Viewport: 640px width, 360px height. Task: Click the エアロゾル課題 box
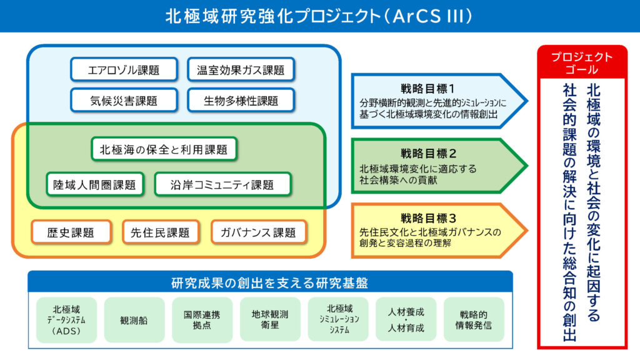(x=124, y=69)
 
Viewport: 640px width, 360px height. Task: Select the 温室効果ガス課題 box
(x=241, y=69)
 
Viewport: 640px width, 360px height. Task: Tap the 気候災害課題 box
(x=124, y=100)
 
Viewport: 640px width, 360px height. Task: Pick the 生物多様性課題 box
(x=241, y=100)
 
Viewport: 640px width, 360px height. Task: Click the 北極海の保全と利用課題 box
(x=164, y=149)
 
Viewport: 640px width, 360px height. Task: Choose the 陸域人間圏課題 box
(x=95, y=184)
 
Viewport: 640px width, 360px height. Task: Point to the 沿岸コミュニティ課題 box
(x=222, y=184)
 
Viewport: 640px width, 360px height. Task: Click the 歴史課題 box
(x=71, y=232)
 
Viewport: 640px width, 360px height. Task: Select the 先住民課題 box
(x=161, y=232)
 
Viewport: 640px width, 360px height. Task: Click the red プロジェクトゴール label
(x=582, y=62)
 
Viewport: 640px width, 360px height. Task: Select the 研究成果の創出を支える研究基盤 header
(x=270, y=282)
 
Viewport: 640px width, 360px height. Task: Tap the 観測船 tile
(x=134, y=320)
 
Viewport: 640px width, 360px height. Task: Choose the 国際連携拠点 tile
(x=202, y=320)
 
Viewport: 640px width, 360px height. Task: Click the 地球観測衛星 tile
(x=270, y=320)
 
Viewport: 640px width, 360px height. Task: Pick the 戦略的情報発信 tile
(x=474, y=320)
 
